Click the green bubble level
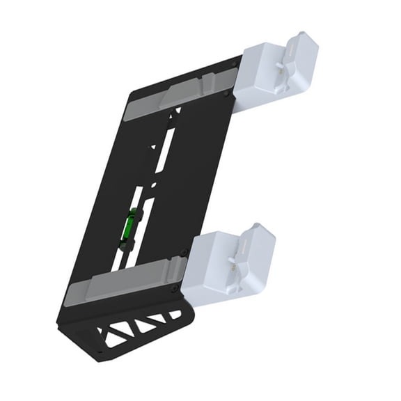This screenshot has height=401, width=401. coord(128,227)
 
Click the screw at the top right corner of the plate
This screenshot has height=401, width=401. coord(233,66)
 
